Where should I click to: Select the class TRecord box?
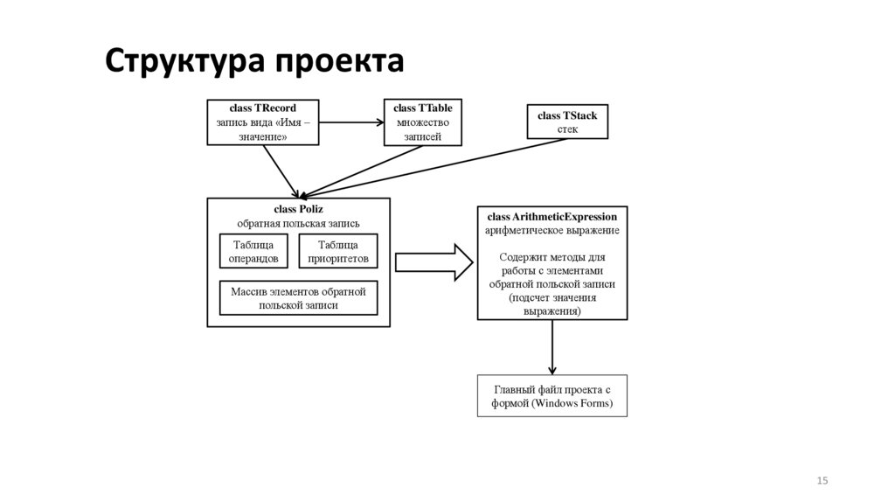pos(262,122)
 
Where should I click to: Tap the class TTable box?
pos(423,122)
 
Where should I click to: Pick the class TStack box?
pos(567,122)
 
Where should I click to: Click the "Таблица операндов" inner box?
pos(253,252)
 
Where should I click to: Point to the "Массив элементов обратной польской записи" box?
pos(298,297)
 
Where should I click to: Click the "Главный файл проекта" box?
pos(552,396)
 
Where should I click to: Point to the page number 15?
pos(822,480)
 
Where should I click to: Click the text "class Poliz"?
pos(298,209)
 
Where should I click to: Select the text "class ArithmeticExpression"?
pos(552,216)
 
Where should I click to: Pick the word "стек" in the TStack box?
pos(567,129)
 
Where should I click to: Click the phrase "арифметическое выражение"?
pos(552,230)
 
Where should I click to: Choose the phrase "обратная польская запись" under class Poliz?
pos(298,223)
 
